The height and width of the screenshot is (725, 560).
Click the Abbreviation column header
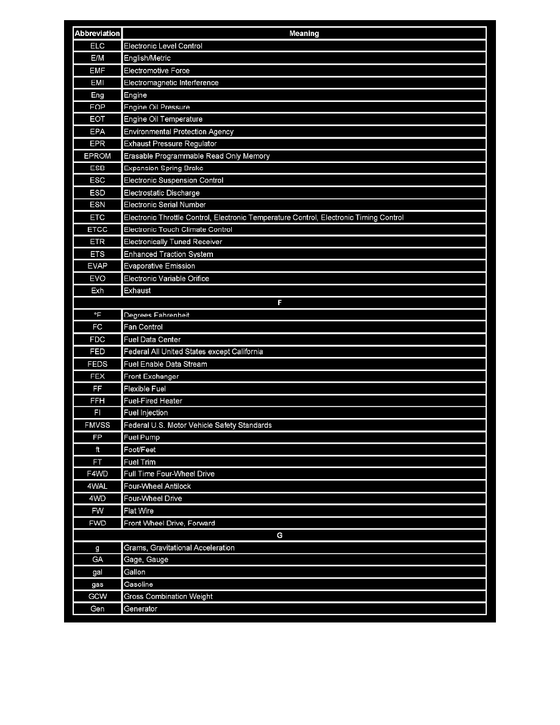(x=98, y=34)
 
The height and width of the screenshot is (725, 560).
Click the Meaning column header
(x=304, y=34)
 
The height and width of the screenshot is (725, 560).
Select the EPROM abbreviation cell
(x=98, y=156)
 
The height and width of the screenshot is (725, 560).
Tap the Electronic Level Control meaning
(x=163, y=46)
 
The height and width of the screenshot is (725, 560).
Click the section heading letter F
(x=280, y=303)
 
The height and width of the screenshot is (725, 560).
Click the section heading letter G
(x=280, y=535)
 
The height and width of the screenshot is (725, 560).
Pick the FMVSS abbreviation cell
(x=98, y=425)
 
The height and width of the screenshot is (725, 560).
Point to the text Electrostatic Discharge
(x=162, y=193)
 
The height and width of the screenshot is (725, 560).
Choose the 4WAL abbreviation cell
(x=98, y=486)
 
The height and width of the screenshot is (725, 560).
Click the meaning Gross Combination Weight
(x=168, y=596)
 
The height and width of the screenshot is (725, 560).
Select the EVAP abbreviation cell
(x=98, y=266)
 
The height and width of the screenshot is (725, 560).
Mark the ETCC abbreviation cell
(x=98, y=229)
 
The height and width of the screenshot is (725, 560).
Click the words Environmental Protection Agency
(x=179, y=132)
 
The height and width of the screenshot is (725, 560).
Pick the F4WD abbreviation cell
(x=98, y=474)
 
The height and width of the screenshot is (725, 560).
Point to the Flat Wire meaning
(x=139, y=511)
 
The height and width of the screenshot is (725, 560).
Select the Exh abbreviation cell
(x=98, y=290)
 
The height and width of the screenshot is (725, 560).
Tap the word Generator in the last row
(x=140, y=608)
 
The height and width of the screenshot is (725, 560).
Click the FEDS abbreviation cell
(x=98, y=364)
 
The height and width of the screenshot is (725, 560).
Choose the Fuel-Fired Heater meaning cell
(x=153, y=401)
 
